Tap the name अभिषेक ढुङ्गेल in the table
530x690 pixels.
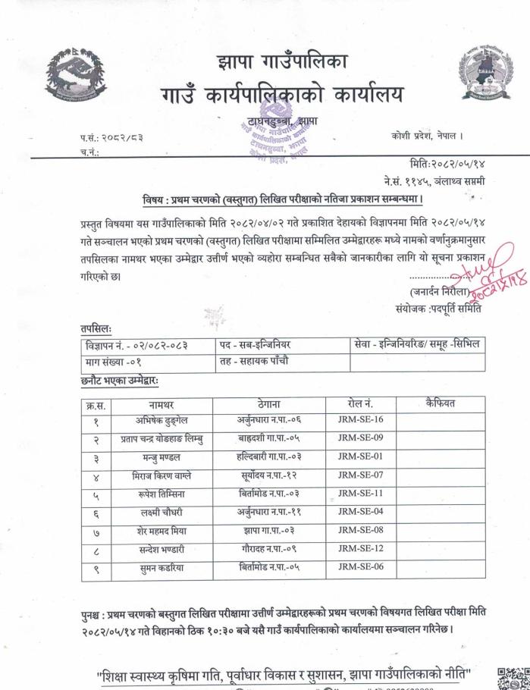[x=161, y=420]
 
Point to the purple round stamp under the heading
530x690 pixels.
[x=277, y=142]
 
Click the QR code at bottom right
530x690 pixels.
[x=511, y=677]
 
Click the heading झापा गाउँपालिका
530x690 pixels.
[x=281, y=61]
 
